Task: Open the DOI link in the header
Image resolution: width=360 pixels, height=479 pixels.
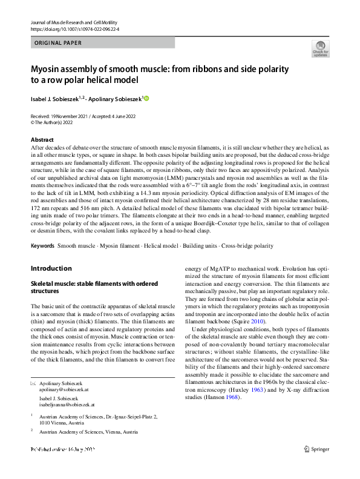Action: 74,28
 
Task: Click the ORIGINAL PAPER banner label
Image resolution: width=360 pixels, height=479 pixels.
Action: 59,43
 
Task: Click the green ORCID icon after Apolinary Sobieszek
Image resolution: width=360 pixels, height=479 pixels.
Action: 146,98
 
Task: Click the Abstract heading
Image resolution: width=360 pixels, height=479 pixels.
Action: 42,139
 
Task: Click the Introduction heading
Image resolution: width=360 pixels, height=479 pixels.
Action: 51,268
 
